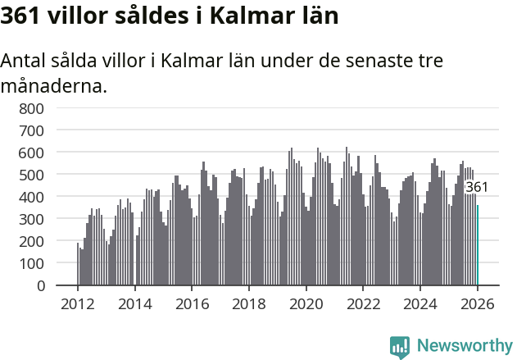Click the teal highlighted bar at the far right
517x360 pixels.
pyautogui.click(x=478, y=245)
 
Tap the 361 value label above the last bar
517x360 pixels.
pyautogui.click(x=477, y=187)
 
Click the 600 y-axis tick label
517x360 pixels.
pyautogui.click(x=30, y=153)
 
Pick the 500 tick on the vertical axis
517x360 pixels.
pyautogui.click(x=30, y=175)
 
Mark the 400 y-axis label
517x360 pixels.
pyautogui.click(x=30, y=197)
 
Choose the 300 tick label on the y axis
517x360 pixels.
pyautogui.click(x=30, y=219)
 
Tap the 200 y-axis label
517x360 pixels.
pyautogui.click(x=30, y=241)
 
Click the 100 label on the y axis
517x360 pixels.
pyautogui.click(x=30, y=264)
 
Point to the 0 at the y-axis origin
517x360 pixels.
pyautogui.click(x=40, y=286)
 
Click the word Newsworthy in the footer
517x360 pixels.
pyautogui.click(x=464, y=346)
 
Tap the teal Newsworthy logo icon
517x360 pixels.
pyautogui.click(x=400, y=347)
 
